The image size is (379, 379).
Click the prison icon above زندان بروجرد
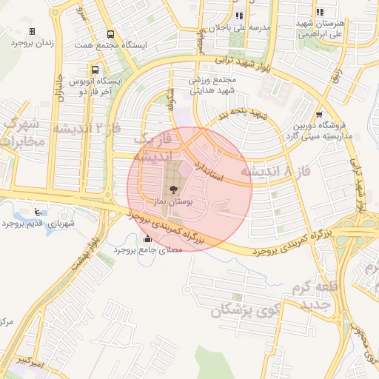pos(32,31)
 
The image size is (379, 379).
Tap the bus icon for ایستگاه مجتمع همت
pos(110,34)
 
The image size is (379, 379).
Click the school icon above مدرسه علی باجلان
pos(238,16)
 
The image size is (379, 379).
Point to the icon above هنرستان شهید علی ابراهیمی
pos(320,12)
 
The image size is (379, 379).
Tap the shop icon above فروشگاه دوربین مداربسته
pos(319,115)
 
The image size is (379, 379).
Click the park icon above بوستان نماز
pos(173,190)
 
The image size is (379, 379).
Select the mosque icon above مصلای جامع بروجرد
pos(147,238)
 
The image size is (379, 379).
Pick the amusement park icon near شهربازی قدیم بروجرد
pos(38,212)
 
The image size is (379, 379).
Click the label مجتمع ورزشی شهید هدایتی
pos(212,84)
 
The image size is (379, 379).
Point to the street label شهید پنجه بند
pos(241,114)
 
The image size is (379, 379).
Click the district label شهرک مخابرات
pos(20,133)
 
